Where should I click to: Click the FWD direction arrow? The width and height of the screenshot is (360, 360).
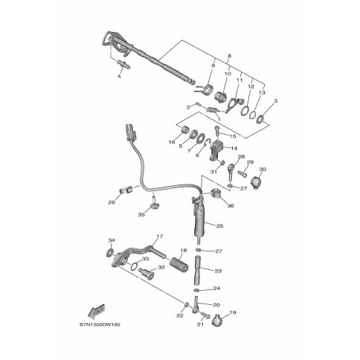pos(97,310)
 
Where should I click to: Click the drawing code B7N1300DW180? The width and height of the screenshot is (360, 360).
pos(100,324)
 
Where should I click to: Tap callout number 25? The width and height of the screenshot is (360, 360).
pos(219,226)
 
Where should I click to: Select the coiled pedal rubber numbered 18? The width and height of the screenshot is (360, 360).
pos(179,264)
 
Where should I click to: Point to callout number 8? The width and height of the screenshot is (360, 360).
pos(229,56)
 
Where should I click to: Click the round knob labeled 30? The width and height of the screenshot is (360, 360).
pos(255,183)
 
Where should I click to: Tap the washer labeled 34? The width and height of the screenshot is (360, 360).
pos(109,253)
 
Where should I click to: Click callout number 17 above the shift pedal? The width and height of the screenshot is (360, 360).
pos(160,237)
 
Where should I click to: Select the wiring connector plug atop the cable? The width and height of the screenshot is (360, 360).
pos(132,132)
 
